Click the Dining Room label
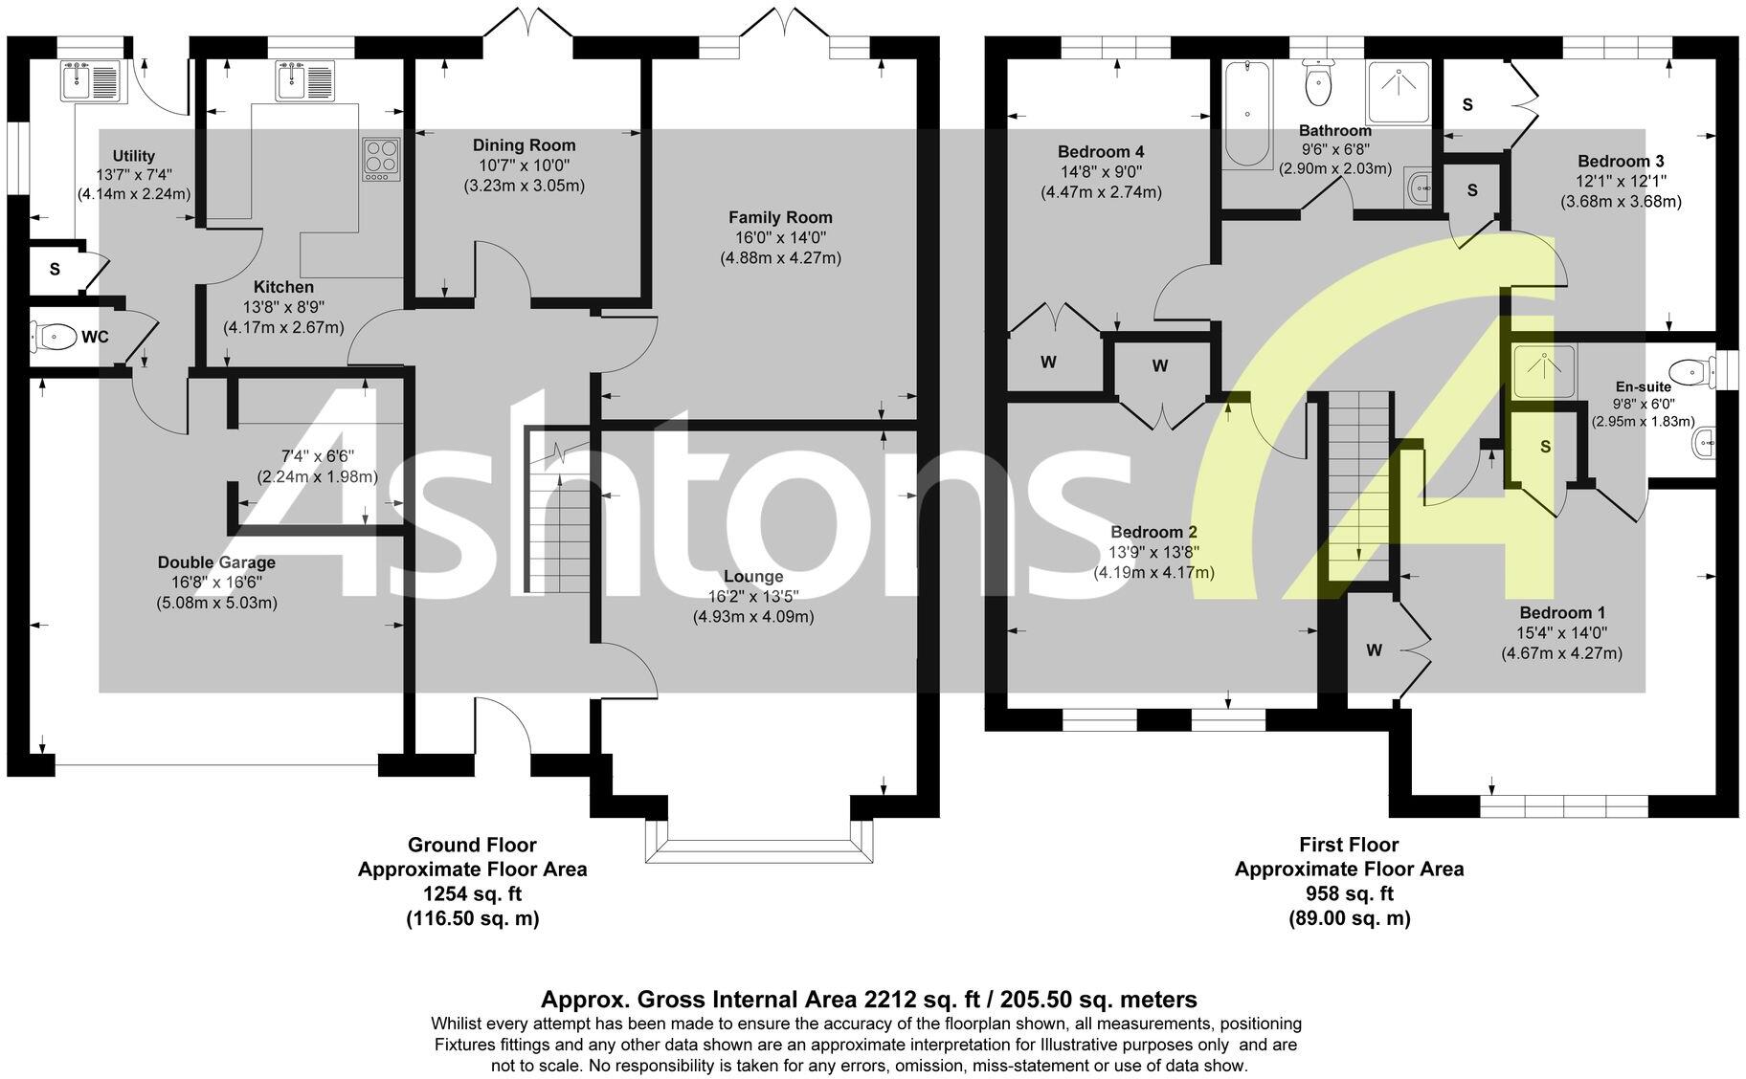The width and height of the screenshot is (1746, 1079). pos(524,145)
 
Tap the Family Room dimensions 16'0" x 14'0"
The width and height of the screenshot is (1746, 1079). pos(780,238)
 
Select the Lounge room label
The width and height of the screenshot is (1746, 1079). pos(753,577)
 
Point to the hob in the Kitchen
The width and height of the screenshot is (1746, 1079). pos(380,160)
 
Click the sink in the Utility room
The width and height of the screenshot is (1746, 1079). pos(88,80)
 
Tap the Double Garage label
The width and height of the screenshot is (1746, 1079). pos(216,562)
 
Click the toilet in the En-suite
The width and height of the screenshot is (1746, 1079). pos(1691,371)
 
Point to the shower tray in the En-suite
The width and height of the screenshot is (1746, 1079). pos(1543,371)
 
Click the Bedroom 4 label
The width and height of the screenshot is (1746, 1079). pos(1101,151)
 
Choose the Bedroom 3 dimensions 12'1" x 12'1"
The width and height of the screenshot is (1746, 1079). pos(1621,181)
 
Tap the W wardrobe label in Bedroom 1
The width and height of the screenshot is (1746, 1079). pos(1374,650)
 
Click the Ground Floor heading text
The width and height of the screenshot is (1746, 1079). pos(472,845)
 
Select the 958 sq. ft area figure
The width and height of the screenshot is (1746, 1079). pos(1349,894)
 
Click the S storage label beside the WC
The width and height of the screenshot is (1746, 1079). pos(55,270)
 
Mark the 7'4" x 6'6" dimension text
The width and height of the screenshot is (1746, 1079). pos(317,456)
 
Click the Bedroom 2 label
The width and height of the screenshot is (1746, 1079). pos(1153,532)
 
